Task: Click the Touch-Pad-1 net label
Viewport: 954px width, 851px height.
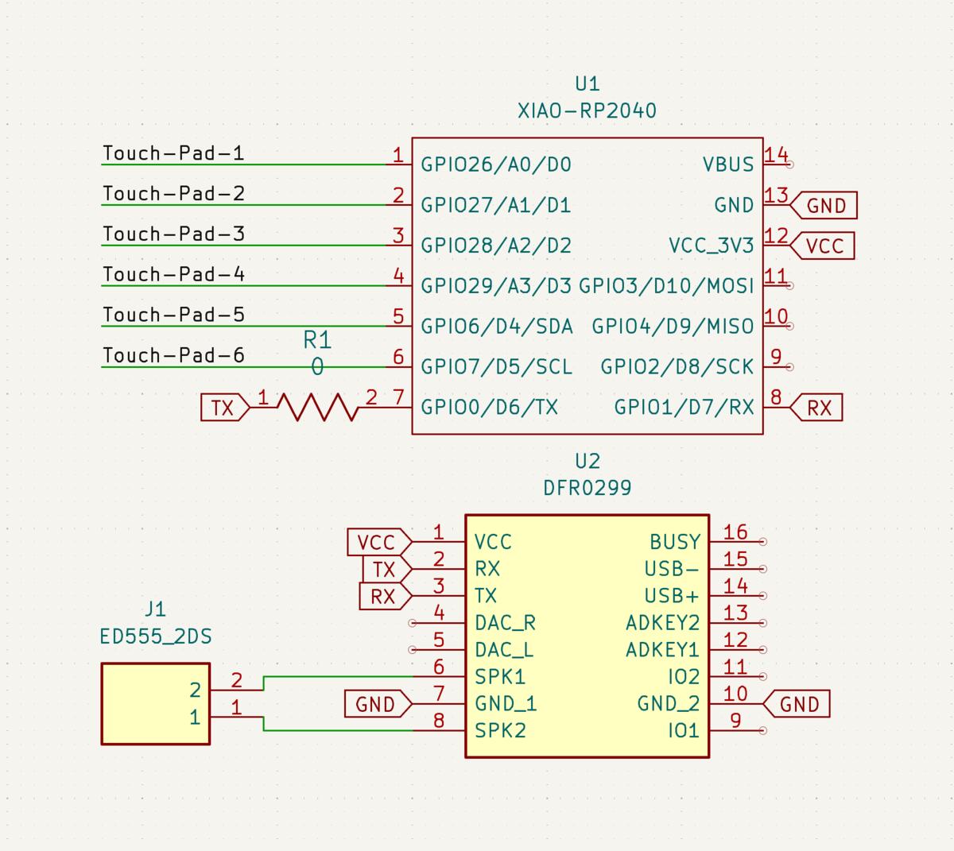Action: point(173,153)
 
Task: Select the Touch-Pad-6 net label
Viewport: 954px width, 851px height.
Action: point(173,355)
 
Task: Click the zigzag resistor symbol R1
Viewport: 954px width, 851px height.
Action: point(317,407)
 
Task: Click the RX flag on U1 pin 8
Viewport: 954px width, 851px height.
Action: point(817,408)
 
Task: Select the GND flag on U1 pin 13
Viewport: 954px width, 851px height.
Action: point(825,206)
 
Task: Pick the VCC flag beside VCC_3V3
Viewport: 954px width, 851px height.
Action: point(824,246)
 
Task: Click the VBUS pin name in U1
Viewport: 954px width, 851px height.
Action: point(727,164)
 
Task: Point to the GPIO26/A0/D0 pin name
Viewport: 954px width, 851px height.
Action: point(496,164)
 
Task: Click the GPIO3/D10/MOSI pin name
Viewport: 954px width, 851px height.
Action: point(665,286)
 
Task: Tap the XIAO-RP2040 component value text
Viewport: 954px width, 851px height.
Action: point(587,110)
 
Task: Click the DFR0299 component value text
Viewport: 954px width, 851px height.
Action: point(587,488)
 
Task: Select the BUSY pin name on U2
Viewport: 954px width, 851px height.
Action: point(675,542)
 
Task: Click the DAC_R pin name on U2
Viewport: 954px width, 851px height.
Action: point(504,623)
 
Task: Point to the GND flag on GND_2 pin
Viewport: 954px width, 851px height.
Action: point(798,705)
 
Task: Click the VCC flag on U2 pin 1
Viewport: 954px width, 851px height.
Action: point(377,543)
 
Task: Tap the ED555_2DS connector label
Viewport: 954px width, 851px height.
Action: point(156,636)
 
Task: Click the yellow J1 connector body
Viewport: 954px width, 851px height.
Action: point(143,704)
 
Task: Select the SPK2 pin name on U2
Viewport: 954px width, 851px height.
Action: point(500,730)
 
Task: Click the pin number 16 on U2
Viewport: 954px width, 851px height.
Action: point(735,532)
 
